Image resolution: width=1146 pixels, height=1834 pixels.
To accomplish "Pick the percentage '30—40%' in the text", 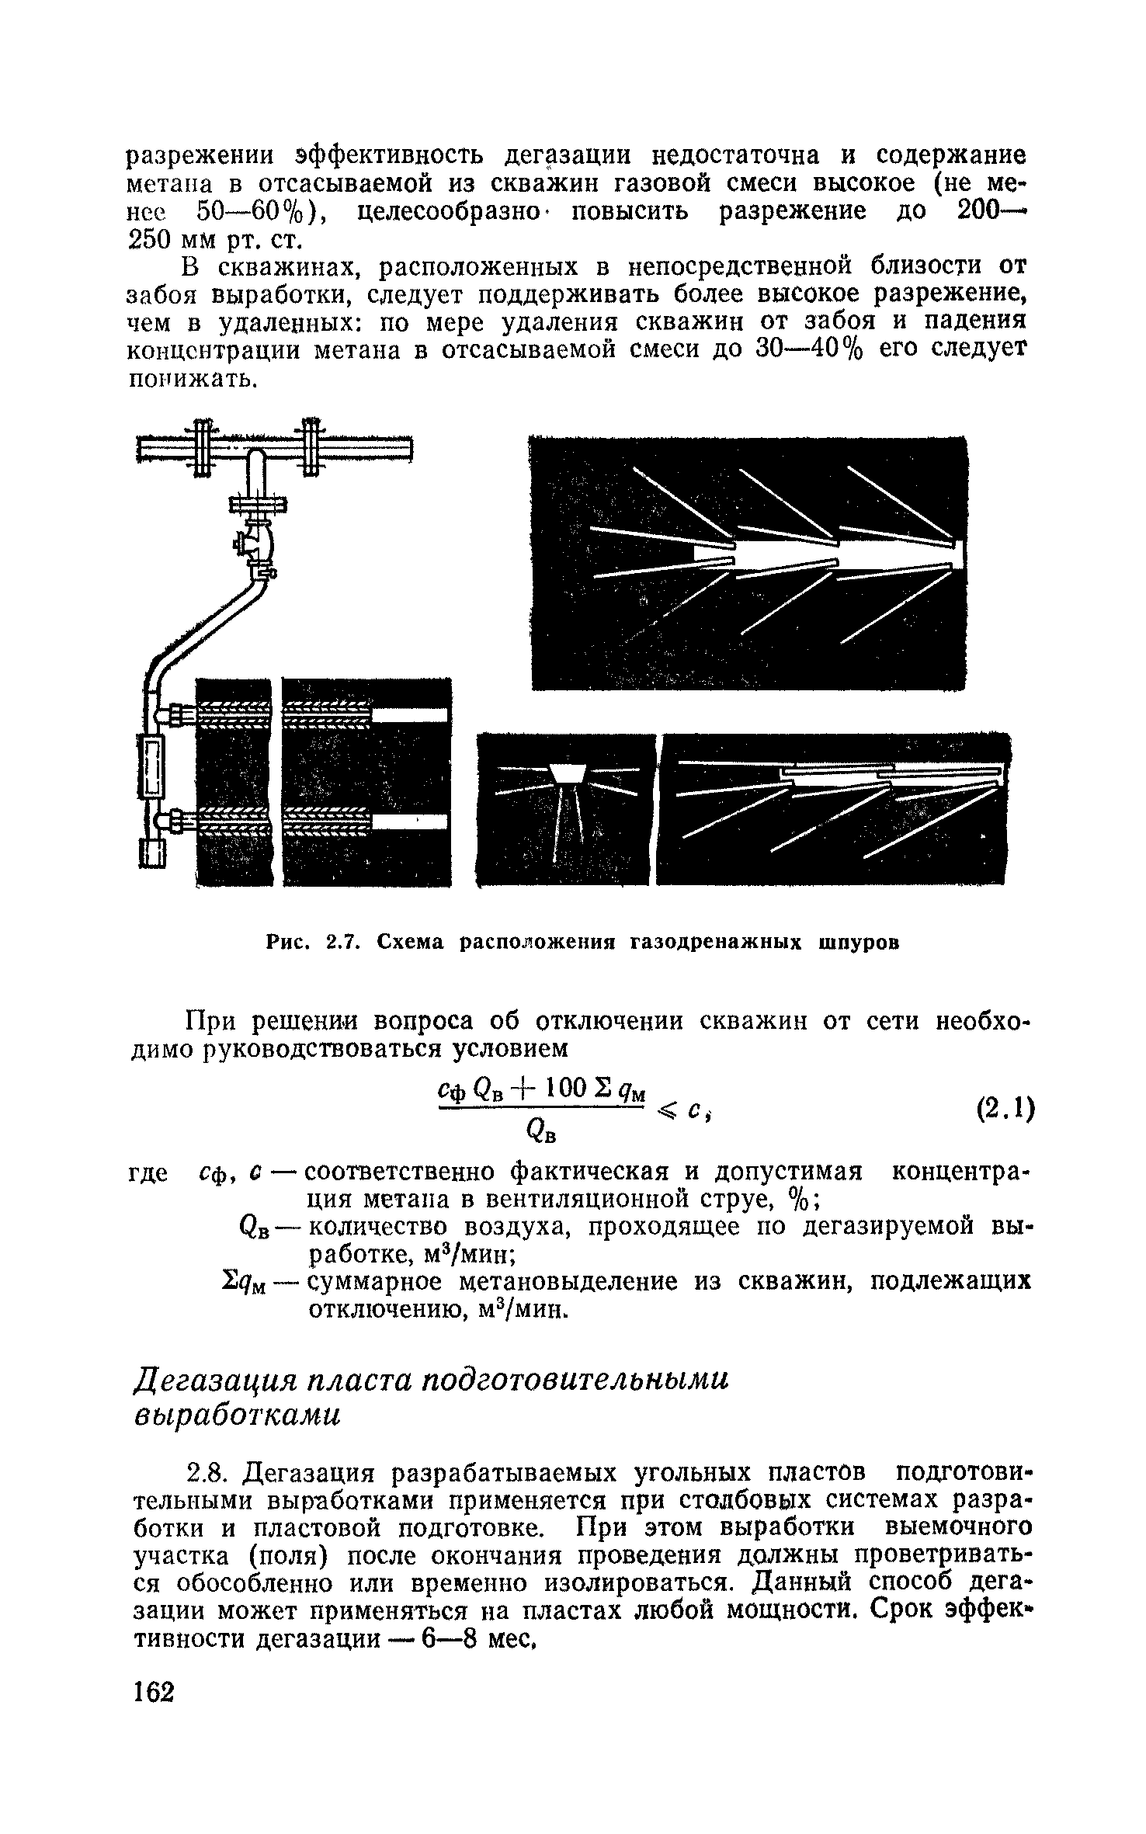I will click(x=810, y=350).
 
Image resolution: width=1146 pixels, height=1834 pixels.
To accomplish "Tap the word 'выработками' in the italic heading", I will click(x=238, y=1415).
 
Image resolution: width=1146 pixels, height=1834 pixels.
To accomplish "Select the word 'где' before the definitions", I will click(x=148, y=1174).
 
